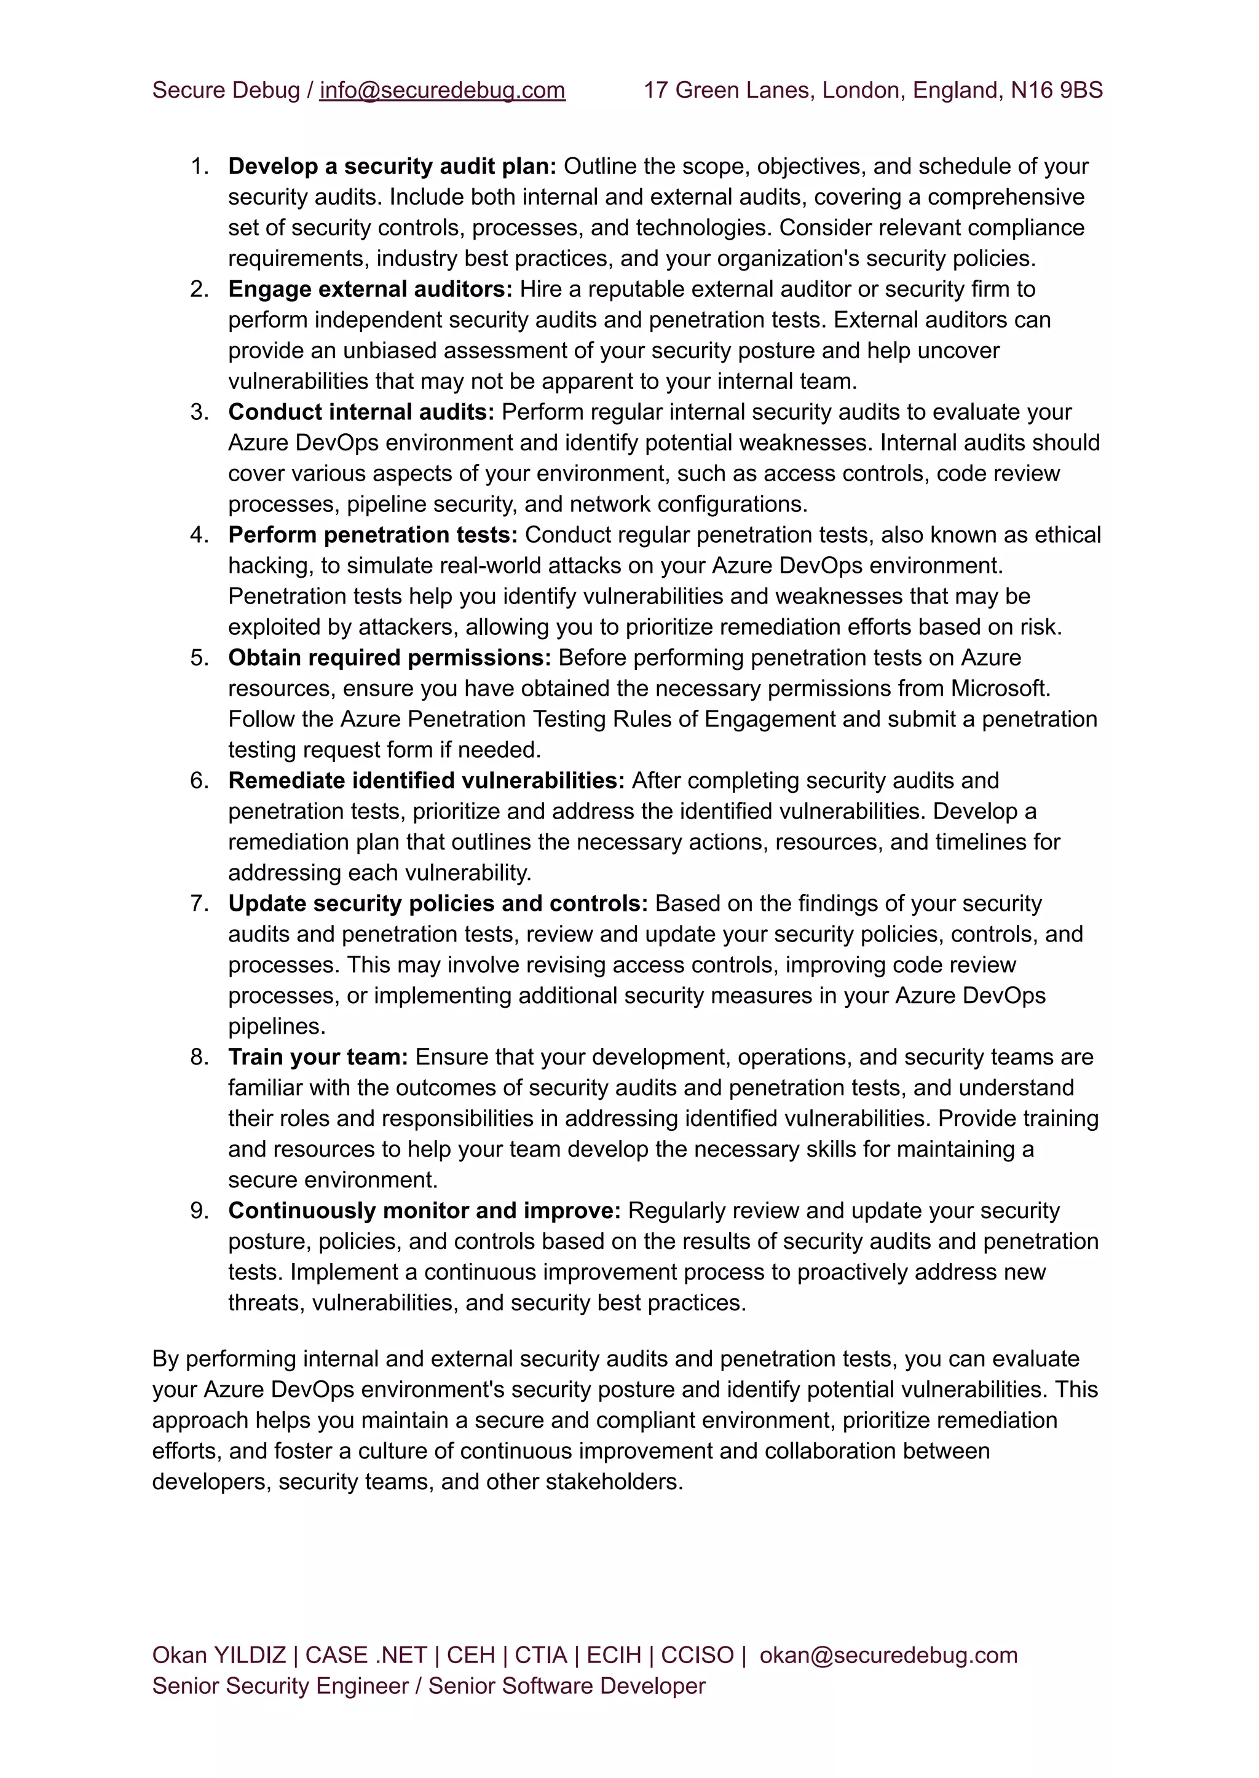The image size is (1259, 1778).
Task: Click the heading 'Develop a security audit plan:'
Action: [392, 166]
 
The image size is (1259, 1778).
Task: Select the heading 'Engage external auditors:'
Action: [370, 289]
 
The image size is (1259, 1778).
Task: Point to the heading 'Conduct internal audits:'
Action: [360, 412]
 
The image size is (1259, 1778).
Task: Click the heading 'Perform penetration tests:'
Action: [372, 535]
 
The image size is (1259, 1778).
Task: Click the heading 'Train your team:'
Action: [318, 1056]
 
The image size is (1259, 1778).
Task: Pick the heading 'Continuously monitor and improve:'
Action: [424, 1210]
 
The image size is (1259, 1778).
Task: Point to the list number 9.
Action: [199, 1210]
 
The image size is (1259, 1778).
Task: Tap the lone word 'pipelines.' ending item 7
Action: [277, 1026]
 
